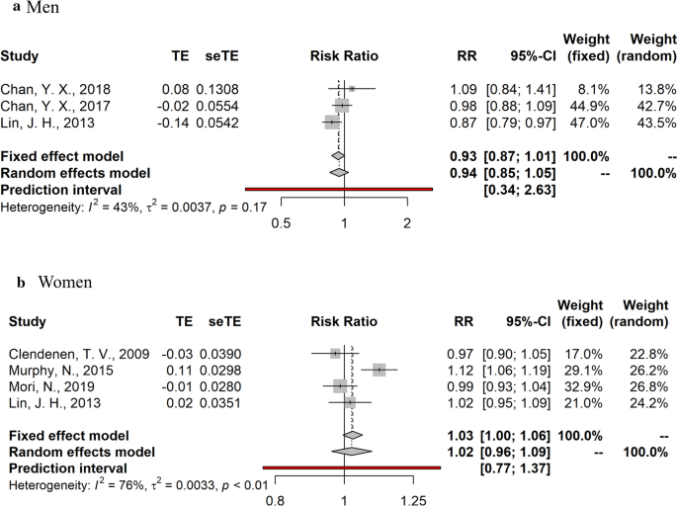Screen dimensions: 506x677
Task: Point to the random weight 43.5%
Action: tap(647, 122)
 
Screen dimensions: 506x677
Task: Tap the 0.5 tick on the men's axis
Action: tap(281, 222)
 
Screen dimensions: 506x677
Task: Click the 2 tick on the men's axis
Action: tap(406, 222)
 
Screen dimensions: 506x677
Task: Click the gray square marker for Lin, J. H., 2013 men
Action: tap(331, 122)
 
